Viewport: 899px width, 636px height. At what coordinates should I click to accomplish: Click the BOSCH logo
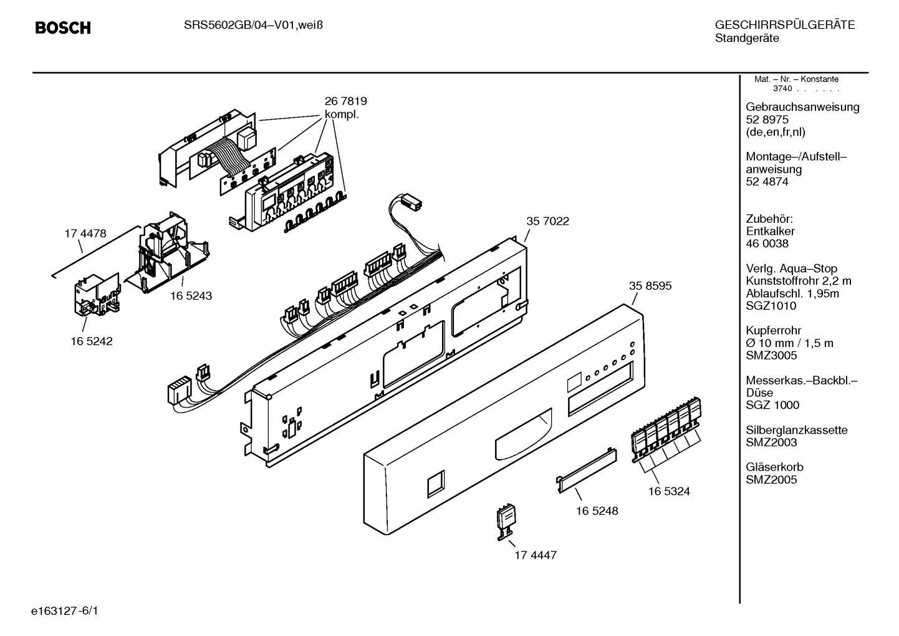63,28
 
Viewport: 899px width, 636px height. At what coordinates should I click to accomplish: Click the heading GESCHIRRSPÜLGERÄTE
784,25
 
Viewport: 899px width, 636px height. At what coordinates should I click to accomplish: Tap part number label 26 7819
345,101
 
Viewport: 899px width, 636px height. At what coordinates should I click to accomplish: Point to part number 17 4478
85,233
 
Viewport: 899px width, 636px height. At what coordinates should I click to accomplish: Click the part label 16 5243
191,296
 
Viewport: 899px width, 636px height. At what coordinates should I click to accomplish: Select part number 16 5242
92,341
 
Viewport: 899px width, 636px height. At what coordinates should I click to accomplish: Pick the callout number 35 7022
547,221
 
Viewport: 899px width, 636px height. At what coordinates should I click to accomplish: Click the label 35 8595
650,285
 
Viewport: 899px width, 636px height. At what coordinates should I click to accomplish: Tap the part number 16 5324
669,491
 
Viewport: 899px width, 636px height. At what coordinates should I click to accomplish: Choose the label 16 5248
597,511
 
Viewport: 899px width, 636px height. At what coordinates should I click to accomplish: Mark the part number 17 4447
536,555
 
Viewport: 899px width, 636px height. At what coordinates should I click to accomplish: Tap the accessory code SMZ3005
771,355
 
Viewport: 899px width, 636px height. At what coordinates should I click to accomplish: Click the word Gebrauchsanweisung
802,107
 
